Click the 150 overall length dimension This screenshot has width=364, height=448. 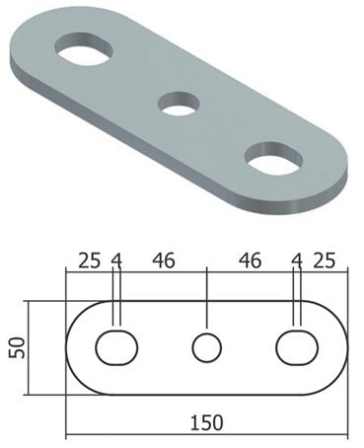point(207,422)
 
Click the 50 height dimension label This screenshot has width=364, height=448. point(17,347)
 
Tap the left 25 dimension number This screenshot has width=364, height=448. point(89,261)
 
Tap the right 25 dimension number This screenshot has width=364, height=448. point(325,261)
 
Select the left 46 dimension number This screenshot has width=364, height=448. point(164,261)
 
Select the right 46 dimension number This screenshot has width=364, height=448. point(251,261)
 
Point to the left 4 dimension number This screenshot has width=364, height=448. point(116,261)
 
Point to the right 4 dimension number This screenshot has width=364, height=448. point(297,261)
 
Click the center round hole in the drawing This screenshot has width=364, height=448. point(207,347)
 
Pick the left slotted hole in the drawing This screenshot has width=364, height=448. point(116,347)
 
